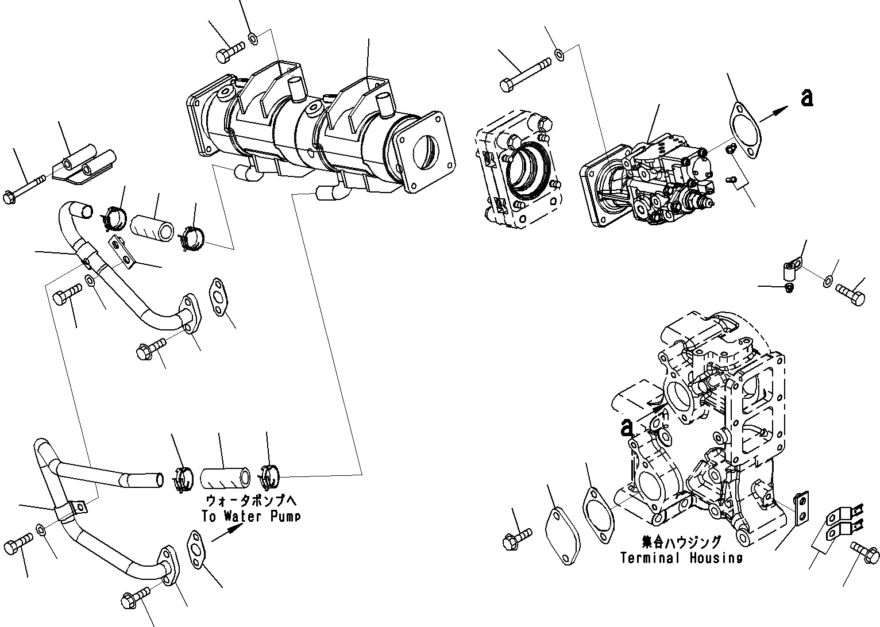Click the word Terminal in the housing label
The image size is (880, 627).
click(x=650, y=557)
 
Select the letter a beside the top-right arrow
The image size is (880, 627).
click(x=806, y=98)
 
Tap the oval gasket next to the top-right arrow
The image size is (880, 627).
click(x=744, y=131)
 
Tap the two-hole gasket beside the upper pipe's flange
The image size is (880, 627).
click(x=217, y=297)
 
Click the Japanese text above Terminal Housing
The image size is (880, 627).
click(x=681, y=542)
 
